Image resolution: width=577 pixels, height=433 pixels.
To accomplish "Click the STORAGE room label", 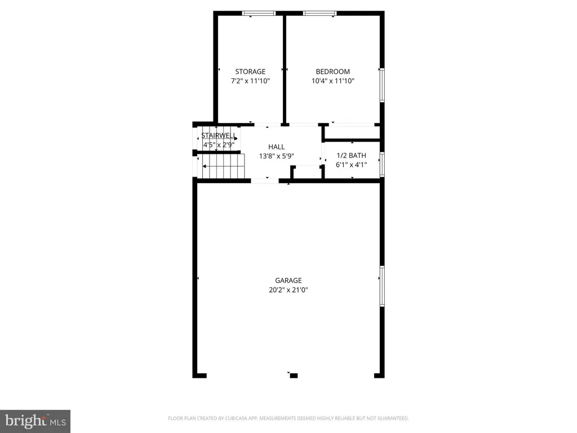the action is coord(250,72).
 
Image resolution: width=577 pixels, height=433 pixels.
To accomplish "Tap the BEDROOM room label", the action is coord(332,72).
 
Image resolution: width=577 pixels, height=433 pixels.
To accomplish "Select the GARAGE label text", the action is coord(288,280).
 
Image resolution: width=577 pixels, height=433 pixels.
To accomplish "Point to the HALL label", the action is coord(276,147).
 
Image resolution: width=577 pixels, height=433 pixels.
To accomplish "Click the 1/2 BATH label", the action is coord(351,156).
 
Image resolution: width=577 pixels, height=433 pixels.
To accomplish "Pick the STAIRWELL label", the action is coord(219,135).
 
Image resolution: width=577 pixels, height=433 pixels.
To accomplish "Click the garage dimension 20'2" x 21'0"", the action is coord(288,290).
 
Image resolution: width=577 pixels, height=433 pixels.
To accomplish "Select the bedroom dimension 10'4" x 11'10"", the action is coord(332,81).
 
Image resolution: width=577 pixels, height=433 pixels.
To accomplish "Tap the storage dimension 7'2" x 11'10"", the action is coord(250,81).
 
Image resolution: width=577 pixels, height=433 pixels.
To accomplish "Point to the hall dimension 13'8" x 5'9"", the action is coord(276,156).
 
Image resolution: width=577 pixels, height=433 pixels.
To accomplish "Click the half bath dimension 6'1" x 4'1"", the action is coord(351,165).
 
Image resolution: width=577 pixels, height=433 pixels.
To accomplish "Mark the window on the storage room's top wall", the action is coord(259,14).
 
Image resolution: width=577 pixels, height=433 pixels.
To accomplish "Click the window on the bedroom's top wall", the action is coord(320,14).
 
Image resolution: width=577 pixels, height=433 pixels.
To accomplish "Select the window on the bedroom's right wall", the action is coord(382,85).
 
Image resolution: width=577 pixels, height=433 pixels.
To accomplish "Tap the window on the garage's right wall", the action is coord(382,286).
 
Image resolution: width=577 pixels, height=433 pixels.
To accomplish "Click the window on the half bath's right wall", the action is coord(382,164).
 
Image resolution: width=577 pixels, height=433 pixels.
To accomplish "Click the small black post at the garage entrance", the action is coord(294,375).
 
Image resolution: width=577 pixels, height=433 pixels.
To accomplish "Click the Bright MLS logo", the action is coord(35,421).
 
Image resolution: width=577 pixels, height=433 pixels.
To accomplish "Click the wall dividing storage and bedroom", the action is coord(285,69).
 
